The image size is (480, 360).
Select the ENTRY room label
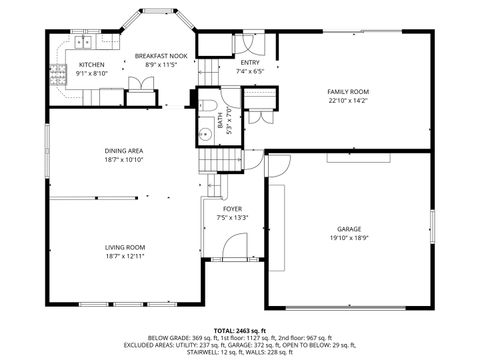point(249,63)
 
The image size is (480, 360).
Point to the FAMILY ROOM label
point(348,91)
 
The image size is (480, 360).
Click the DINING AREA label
point(124,151)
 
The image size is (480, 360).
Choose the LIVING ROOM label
point(125,247)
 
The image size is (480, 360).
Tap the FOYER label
point(232,209)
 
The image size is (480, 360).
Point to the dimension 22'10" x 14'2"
point(348,100)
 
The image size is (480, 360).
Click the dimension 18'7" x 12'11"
point(125,256)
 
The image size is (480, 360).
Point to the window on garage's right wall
point(432,220)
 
